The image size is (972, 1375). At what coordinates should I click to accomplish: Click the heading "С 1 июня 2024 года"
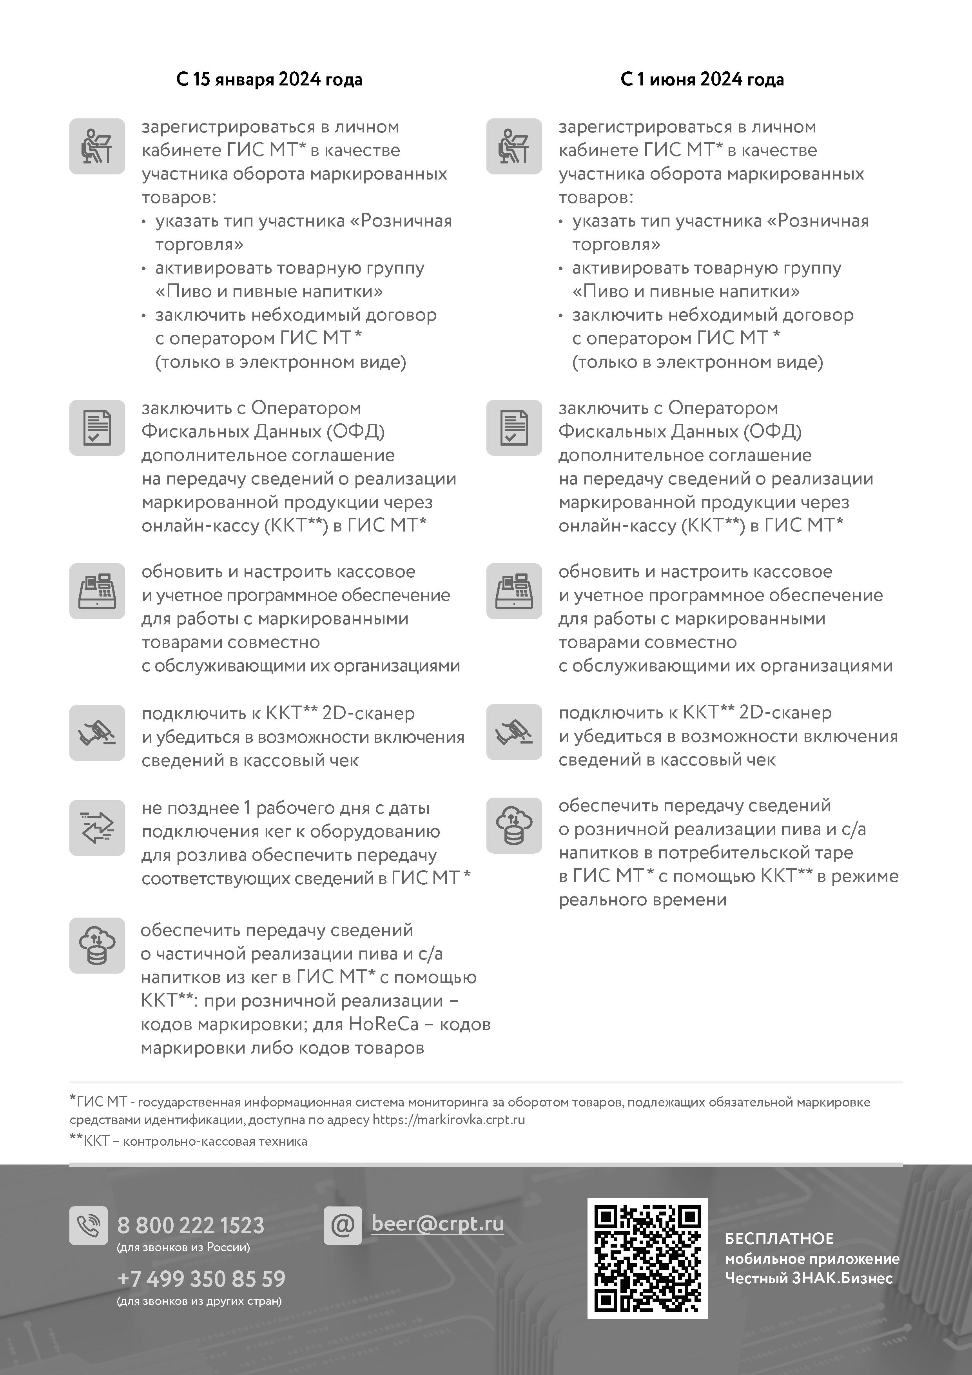tap(702, 80)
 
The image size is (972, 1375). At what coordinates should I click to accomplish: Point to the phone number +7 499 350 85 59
tap(201, 1279)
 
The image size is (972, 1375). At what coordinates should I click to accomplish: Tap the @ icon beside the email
tap(343, 1225)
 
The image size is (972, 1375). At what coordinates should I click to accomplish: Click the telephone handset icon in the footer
tap(89, 1225)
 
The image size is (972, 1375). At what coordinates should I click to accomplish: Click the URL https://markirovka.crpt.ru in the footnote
tap(448, 1119)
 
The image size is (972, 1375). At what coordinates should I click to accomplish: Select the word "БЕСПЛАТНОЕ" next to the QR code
tap(779, 1239)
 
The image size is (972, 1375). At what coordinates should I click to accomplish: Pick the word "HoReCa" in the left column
tap(383, 1024)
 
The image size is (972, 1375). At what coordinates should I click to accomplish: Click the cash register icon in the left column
tap(97, 591)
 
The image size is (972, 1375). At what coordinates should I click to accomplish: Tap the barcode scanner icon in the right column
tap(514, 732)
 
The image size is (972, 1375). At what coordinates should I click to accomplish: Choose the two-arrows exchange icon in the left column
tap(97, 828)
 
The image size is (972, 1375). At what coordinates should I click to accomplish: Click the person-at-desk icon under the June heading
tap(514, 147)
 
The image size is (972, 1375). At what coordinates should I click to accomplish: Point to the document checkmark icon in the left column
tap(97, 428)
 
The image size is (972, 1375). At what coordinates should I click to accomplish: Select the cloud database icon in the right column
tap(514, 825)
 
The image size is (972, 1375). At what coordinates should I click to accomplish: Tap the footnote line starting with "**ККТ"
tap(189, 1141)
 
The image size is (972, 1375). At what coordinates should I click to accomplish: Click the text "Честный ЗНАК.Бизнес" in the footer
tap(809, 1278)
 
